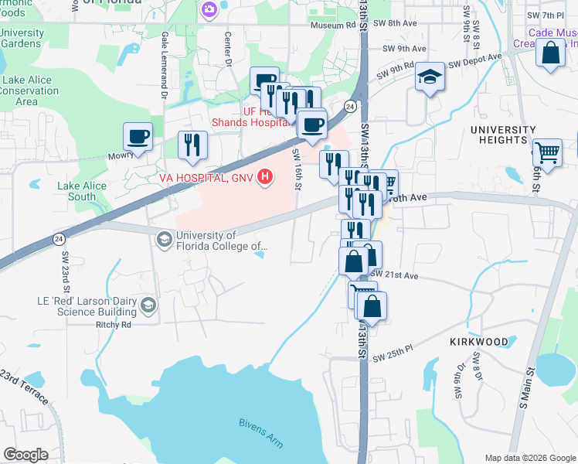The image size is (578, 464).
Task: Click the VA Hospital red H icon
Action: (266, 178)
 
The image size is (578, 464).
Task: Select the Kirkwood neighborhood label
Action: (479, 341)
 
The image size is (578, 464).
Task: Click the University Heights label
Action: (507, 135)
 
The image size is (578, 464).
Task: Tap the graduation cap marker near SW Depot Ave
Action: (430, 77)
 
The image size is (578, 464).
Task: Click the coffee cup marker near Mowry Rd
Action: (138, 137)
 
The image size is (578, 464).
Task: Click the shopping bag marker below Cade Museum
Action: (551, 54)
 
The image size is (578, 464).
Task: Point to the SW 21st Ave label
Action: (394, 275)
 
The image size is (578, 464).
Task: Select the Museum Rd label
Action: (332, 26)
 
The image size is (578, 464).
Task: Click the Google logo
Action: (25, 455)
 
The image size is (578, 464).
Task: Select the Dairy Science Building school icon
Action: (148, 305)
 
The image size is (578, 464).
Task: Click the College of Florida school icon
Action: (164, 240)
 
